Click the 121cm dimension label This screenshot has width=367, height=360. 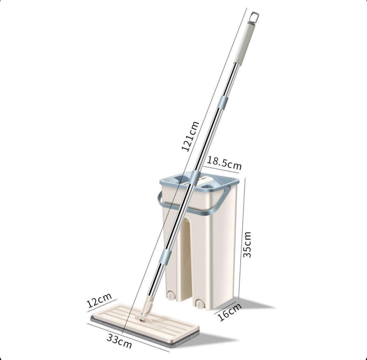(190, 136)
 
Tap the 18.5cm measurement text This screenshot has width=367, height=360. (224, 163)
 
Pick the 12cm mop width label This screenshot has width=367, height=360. (99, 300)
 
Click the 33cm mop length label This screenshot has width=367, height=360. (119, 341)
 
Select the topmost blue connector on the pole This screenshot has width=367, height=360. (224, 102)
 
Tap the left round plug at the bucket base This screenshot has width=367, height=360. (170, 296)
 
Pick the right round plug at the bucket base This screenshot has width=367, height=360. (201, 304)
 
